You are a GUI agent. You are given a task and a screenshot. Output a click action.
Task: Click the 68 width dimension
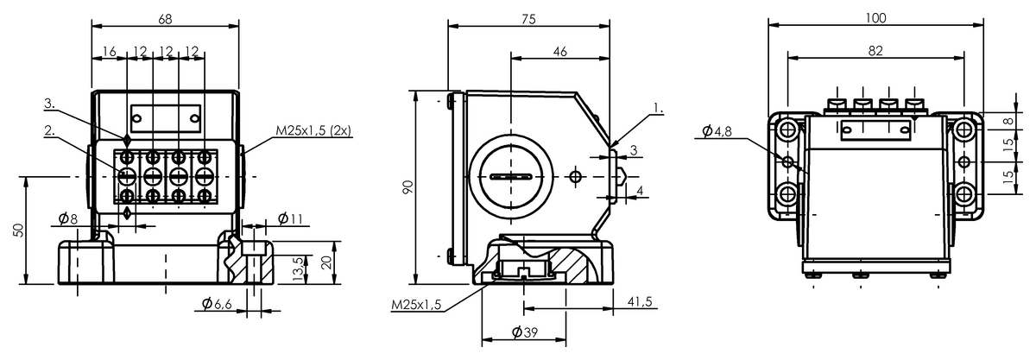click(165, 19)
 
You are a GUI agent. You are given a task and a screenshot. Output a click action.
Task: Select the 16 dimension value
click(109, 51)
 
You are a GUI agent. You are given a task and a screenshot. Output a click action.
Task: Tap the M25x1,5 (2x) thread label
click(313, 130)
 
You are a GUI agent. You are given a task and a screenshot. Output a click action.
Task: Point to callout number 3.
click(49, 104)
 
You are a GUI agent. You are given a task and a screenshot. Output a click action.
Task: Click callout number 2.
click(49, 130)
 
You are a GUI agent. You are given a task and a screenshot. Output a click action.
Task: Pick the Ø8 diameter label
click(68, 218)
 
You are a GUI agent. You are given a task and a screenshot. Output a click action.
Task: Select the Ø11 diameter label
click(290, 218)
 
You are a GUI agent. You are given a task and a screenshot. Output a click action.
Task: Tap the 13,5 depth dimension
click(300, 268)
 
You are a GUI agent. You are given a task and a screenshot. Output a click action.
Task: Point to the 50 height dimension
click(18, 230)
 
